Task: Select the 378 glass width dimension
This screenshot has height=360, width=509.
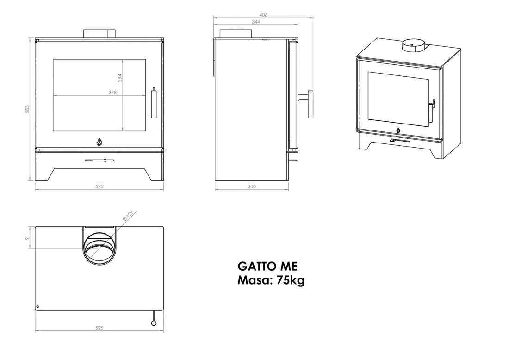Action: coord(112,93)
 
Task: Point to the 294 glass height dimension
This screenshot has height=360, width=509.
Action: coord(119,78)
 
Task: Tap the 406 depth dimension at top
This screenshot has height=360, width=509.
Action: coord(263,15)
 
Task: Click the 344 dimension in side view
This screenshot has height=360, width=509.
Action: coord(255,22)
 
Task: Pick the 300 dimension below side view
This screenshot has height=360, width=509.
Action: coord(252,186)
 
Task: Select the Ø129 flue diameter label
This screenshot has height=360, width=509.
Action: coord(128,215)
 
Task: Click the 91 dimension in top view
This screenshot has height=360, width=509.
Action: coord(27,237)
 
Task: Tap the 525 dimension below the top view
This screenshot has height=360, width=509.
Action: coord(99,328)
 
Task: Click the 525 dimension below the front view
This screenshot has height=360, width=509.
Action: coord(99,186)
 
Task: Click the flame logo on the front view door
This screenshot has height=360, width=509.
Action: coord(99,141)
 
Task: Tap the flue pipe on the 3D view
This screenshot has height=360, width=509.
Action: coord(412,45)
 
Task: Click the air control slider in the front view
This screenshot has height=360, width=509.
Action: coord(99,161)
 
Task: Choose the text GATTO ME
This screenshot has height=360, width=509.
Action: coord(267,267)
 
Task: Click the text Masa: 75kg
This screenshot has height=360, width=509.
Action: coord(271,280)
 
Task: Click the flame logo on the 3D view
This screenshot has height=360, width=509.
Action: coord(398,130)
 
